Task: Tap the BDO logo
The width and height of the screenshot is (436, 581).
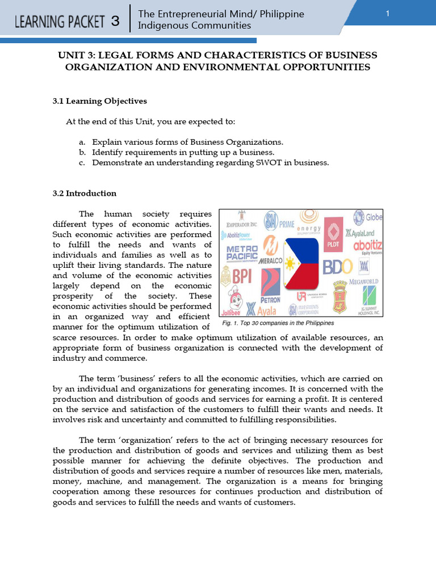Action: click(x=338, y=267)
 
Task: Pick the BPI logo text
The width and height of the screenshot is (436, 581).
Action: click(x=238, y=276)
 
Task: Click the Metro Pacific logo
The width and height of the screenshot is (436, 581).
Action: click(x=242, y=254)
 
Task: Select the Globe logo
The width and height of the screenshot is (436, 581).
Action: click(x=367, y=217)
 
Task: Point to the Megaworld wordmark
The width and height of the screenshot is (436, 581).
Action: click(x=363, y=281)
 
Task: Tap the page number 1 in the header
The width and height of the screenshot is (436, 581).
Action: click(x=387, y=14)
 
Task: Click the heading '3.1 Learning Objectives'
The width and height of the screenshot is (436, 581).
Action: click(x=99, y=101)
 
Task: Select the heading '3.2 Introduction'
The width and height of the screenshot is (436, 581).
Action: click(x=84, y=193)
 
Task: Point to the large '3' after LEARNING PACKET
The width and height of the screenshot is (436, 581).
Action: click(x=115, y=22)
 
